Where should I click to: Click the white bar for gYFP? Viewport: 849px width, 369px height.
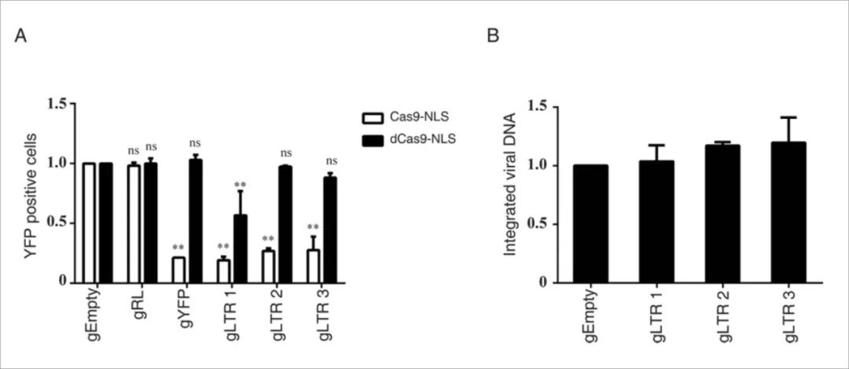pos(179,269)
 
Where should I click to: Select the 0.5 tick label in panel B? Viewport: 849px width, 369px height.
pos(538,224)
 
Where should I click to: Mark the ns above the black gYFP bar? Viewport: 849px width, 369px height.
pos(194,143)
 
